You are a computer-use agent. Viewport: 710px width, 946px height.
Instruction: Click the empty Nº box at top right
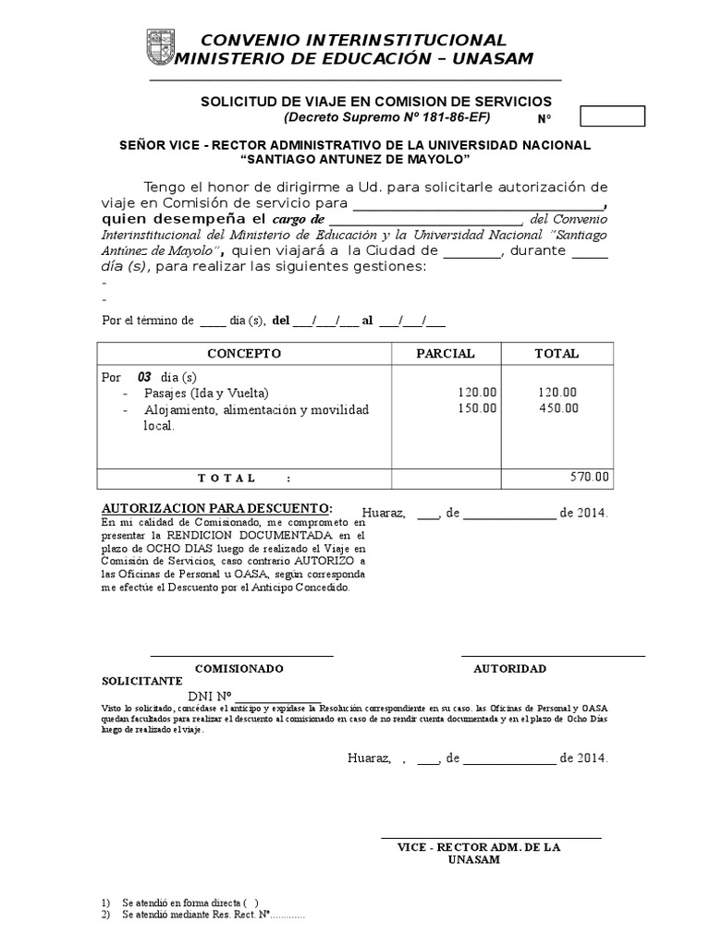point(611,116)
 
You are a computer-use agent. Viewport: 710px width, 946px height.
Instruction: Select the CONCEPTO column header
point(244,354)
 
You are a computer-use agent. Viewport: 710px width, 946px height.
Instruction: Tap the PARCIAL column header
point(446,354)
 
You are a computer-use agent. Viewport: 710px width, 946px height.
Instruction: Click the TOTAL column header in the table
point(557,354)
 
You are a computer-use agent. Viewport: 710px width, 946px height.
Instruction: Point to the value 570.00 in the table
point(590,478)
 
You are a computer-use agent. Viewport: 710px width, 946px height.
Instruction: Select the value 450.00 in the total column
point(558,408)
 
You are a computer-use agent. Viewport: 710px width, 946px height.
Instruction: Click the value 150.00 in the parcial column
point(477,408)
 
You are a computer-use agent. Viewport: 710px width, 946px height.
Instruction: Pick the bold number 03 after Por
point(144,377)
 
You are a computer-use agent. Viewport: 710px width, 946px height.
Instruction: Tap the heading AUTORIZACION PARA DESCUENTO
point(215,509)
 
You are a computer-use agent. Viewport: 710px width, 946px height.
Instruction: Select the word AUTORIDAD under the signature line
point(509,668)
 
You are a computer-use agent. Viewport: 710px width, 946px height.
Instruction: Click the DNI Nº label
point(212,697)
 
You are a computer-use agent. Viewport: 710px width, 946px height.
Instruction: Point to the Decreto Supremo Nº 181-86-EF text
point(386,118)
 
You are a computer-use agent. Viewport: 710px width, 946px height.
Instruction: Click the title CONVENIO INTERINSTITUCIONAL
point(354,40)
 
